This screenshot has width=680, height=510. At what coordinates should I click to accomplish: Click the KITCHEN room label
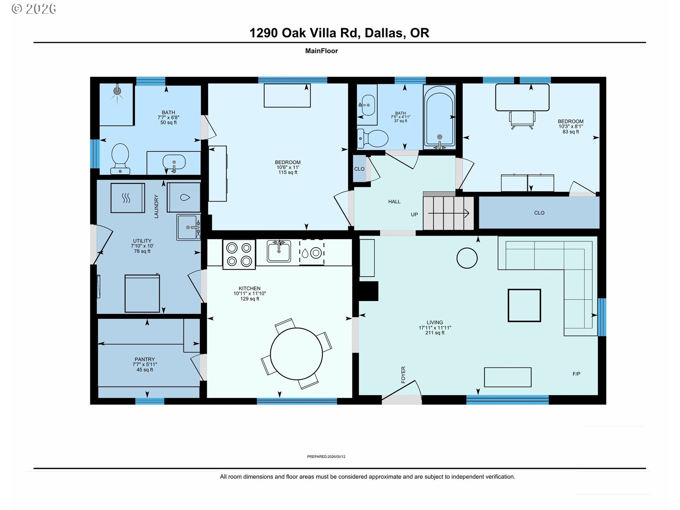[x=249, y=288]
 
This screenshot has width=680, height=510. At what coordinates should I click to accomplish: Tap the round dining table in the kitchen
[x=296, y=354]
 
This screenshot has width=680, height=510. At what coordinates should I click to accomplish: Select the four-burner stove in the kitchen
[x=239, y=255]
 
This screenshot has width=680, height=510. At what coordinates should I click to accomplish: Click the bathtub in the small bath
[x=440, y=117]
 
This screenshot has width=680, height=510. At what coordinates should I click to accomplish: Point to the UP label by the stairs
[x=414, y=214]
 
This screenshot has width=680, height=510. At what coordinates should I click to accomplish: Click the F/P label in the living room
[x=576, y=374]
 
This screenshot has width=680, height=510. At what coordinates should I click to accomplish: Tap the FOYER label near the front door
[x=403, y=375]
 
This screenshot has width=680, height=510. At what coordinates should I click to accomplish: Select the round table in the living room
[x=467, y=258]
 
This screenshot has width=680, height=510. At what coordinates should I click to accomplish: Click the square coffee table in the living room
[x=524, y=305]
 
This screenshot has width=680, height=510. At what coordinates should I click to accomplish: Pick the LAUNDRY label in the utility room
[x=156, y=206]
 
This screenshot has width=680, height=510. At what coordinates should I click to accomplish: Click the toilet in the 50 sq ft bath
[x=120, y=159]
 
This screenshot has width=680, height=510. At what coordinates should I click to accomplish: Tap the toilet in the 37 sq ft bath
[x=373, y=138]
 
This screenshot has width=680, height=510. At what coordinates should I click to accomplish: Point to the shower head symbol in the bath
[x=117, y=91]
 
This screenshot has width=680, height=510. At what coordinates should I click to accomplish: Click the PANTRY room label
[x=144, y=359]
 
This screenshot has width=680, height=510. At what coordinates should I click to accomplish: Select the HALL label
[x=394, y=202]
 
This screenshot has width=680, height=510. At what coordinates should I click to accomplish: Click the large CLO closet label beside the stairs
[x=539, y=213]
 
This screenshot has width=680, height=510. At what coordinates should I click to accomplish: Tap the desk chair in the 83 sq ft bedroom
[x=522, y=120]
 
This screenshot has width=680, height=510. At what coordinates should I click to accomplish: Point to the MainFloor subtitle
[x=322, y=51]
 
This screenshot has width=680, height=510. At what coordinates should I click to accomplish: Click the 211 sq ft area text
[x=435, y=333]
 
